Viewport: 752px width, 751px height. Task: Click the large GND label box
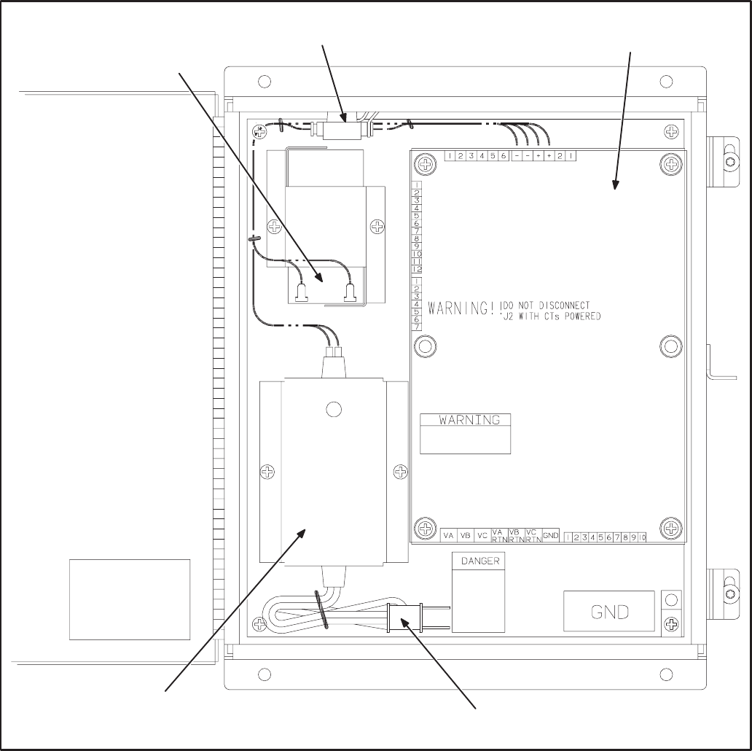609,611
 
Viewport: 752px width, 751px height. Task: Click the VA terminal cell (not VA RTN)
449,535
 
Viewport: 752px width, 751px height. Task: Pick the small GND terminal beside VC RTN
551,535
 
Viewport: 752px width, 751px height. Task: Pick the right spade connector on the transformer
348,292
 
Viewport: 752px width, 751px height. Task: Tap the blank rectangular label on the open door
130,599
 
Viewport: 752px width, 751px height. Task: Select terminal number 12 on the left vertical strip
417,269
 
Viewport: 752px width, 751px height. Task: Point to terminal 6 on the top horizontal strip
504,156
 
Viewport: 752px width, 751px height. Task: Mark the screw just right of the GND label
672,623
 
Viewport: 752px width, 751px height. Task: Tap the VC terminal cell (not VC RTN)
482,535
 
